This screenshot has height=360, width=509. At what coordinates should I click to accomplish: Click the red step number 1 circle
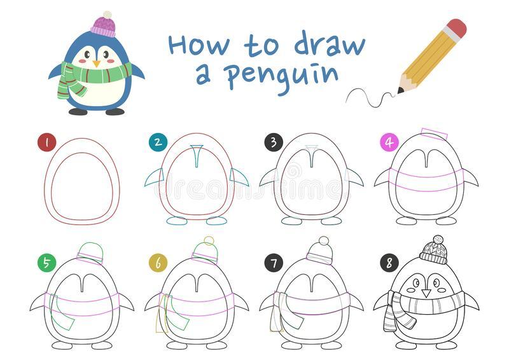pos(47,142)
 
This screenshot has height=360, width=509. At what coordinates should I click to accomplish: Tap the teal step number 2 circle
pos(158,142)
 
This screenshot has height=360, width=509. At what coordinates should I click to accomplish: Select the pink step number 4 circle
pos(389,142)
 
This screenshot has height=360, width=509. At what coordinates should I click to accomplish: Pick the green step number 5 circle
pos(46,263)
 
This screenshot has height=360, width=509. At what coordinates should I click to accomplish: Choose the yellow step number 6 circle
pos(158,263)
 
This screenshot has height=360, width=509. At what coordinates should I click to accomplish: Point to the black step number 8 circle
pos(389,263)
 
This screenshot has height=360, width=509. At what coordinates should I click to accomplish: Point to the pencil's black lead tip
pos(401,90)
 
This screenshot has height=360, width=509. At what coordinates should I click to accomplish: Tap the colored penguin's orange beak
pos(97,63)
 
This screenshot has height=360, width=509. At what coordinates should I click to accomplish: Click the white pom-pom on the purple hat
pos(107,15)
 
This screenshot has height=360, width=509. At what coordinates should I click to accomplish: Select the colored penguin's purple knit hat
pos(104,27)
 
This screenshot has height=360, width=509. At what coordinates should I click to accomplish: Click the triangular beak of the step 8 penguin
pos(426,293)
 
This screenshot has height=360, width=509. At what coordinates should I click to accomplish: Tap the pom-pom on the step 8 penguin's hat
pos(438,240)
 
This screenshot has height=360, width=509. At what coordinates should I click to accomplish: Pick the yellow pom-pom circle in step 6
pos(209,241)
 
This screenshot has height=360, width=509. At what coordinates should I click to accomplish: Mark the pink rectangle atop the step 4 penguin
pos(435,134)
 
